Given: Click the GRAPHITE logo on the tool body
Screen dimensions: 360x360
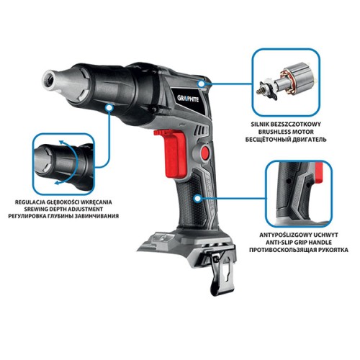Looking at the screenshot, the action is pyautogui.click(x=188, y=98).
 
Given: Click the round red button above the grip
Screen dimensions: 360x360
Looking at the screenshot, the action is pyautogui.click(x=205, y=153).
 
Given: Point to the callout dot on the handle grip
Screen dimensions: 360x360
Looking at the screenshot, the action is pyautogui.click(x=198, y=199).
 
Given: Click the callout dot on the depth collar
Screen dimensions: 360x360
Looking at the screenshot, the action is pyautogui.click(x=109, y=108).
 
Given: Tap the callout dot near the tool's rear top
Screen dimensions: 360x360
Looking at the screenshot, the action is pyautogui.click(x=201, y=84).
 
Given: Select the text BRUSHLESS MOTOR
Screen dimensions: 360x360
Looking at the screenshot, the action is pyautogui.click(x=286, y=132).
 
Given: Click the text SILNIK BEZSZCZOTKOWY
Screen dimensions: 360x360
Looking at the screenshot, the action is pyautogui.click(x=286, y=125).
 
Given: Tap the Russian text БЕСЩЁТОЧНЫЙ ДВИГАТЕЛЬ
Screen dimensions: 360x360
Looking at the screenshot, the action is pyautogui.click(x=286, y=140).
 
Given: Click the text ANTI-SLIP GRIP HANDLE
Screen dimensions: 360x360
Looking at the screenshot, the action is pyautogui.click(x=299, y=243).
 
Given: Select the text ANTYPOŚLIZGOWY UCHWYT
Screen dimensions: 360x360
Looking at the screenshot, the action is pyautogui.click(x=299, y=235).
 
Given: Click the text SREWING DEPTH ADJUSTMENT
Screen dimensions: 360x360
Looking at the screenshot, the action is pyautogui.click(x=63, y=209).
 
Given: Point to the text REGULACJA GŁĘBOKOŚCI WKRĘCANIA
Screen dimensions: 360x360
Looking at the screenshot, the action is pyautogui.click(x=63, y=202).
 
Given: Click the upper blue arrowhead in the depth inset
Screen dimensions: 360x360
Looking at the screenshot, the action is pyautogui.click(x=62, y=143).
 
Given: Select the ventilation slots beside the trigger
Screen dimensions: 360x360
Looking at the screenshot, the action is pyautogui.click(x=202, y=131).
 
